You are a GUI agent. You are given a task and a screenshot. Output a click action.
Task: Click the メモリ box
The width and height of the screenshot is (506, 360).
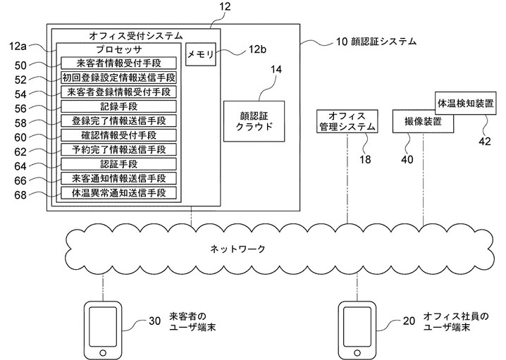pyautogui.click(x=201, y=54)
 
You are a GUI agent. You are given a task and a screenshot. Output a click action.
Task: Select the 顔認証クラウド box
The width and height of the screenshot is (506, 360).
pyautogui.click(x=254, y=121)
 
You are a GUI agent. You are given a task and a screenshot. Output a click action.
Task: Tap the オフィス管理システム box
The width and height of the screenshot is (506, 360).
pyautogui.click(x=347, y=121)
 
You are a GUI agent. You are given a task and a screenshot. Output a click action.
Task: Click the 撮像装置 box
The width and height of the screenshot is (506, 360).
pyautogui.click(x=423, y=121)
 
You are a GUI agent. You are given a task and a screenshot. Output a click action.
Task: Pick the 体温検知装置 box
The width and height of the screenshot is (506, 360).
pyautogui.click(x=466, y=104)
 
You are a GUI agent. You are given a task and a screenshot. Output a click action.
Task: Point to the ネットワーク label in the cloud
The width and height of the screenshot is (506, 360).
pyautogui.click(x=237, y=249)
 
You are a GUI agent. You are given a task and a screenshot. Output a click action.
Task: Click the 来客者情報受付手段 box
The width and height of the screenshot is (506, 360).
pyautogui.click(x=119, y=63)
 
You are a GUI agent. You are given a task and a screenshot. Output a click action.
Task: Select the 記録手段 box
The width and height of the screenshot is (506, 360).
pyautogui.click(x=119, y=106)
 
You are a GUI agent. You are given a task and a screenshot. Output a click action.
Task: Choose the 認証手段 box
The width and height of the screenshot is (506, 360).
pyautogui.click(x=119, y=164)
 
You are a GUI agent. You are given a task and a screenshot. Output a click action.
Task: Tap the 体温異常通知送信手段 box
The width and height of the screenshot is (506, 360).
pyautogui.click(x=119, y=193)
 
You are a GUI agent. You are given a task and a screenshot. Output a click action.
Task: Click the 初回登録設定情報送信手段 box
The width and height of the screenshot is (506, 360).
pyautogui.click(x=119, y=77)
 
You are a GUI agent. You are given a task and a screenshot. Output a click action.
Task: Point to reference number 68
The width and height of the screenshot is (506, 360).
pyautogui.click(x=20, y=195)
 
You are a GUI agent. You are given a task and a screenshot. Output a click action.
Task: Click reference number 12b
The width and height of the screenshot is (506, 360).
pyautogui.click(x=257, y=49)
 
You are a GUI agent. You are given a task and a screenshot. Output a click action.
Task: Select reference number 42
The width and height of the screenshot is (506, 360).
pyautogui.click(x=484, y=142)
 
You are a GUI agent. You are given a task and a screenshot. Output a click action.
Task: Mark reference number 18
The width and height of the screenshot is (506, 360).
pyautogui.click(x=365, y=159)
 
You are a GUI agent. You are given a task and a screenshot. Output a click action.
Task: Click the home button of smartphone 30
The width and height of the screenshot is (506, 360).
pyautogui.click(x=103, y=352)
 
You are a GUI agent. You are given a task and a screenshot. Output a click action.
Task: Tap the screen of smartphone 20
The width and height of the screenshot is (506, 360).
pyautogui.click(x=357, y=326)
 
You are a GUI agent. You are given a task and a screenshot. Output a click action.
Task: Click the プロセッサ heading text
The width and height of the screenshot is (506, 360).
pyautogui.click(x=119, y=49)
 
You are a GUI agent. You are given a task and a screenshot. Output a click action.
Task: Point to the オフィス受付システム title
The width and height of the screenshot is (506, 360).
pyautogui.click(x=135, y=35)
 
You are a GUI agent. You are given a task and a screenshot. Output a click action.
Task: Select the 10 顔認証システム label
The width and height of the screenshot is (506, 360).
pyautogui.click(x=376, y=42)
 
